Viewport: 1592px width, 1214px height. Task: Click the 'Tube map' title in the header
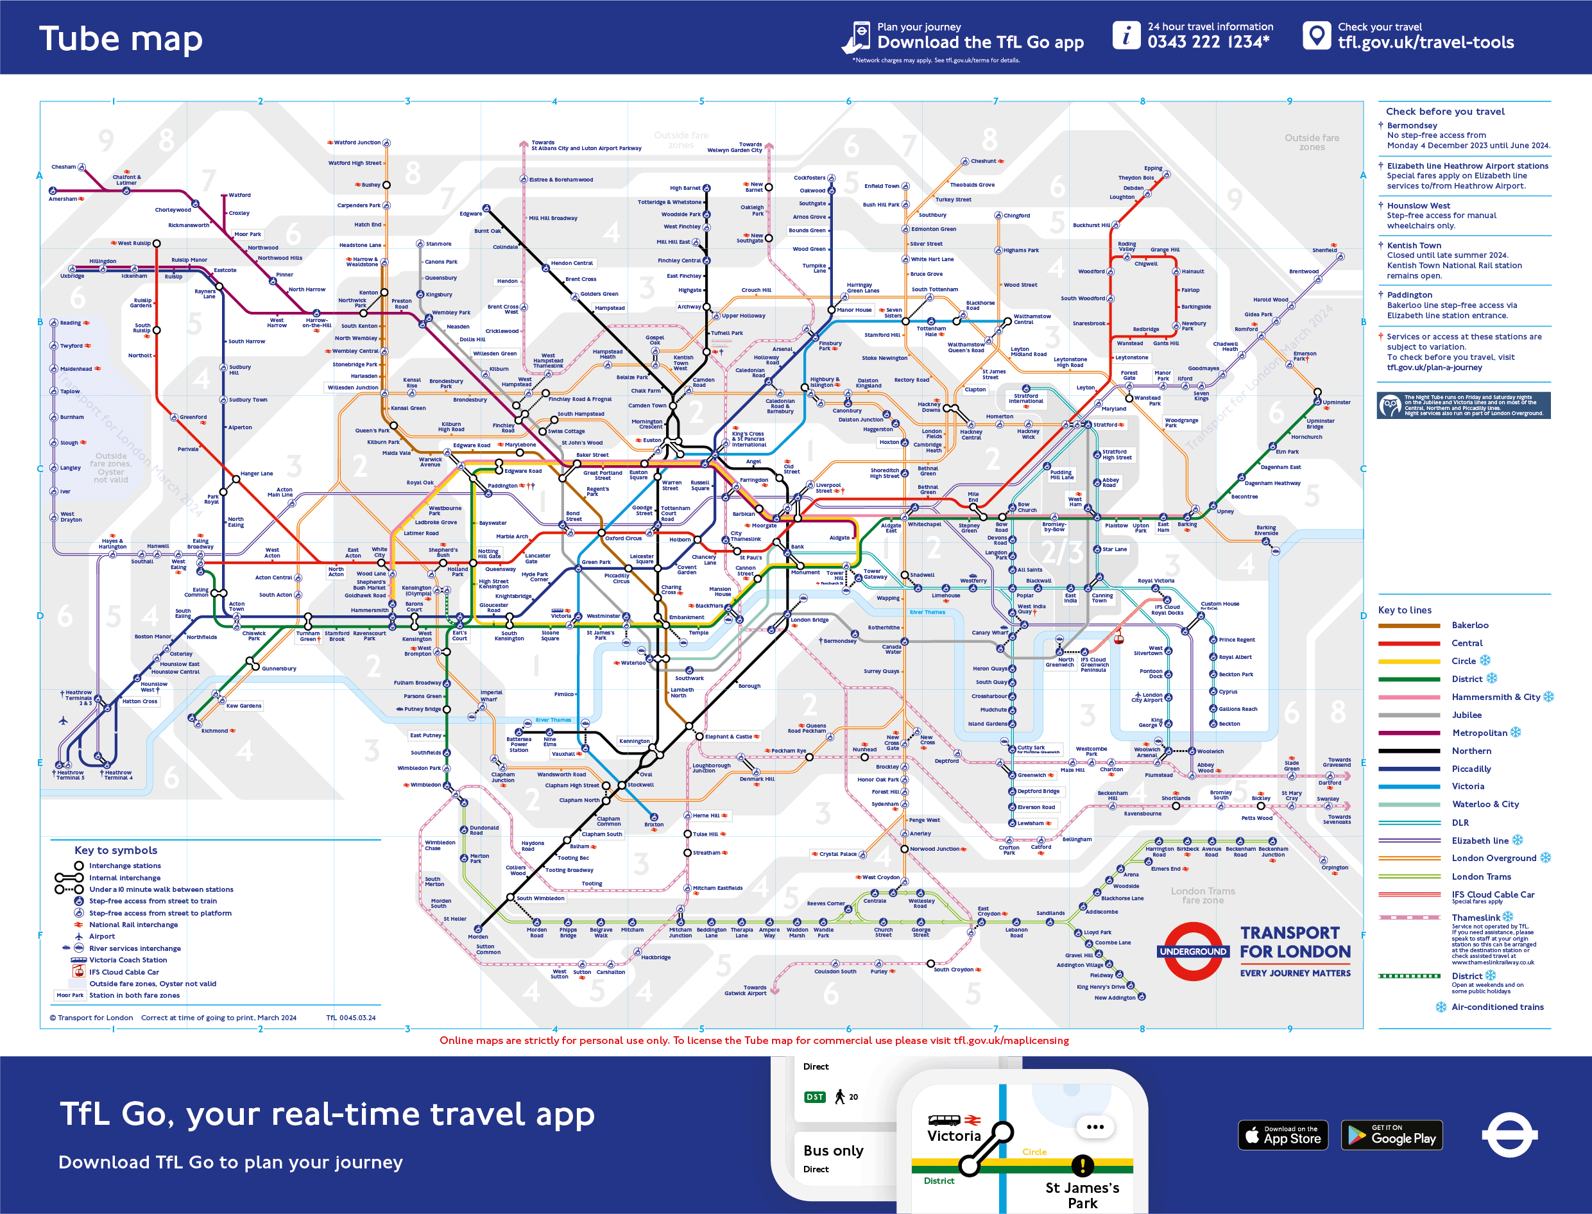tap(121, 39)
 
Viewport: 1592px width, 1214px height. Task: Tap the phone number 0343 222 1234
tap(1208, 42)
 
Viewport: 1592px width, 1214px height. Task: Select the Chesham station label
tap(63, 167)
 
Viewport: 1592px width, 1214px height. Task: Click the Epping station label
tap(1152, 168)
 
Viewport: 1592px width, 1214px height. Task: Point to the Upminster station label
tap(1336, 402)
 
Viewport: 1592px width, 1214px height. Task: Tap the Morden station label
tap(477, 937)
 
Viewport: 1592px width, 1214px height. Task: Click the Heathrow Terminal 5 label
tap(70, 774)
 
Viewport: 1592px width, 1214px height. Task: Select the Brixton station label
tap(653, 825)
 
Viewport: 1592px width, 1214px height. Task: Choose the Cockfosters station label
tap(809, 178)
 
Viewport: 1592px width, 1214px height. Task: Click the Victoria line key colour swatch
tap(1408, 786)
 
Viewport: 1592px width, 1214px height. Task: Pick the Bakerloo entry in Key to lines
tap(1469, 625)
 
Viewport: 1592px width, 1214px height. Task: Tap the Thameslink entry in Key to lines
tap(1475, 918)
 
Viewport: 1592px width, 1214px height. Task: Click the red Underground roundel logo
tap(1193, 952)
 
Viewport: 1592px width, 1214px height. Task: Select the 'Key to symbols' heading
tap(116, 851)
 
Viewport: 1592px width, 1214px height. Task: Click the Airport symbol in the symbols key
tap(79, 937)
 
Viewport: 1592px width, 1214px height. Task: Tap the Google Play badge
tap(1391, 1135)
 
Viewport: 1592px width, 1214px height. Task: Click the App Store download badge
tap(1283, 1135)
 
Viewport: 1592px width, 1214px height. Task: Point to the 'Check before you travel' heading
tap(1444, 111)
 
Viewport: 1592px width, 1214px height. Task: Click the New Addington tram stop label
tap(1115, 998)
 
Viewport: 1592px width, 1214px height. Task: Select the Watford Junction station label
tap(357, 142)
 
